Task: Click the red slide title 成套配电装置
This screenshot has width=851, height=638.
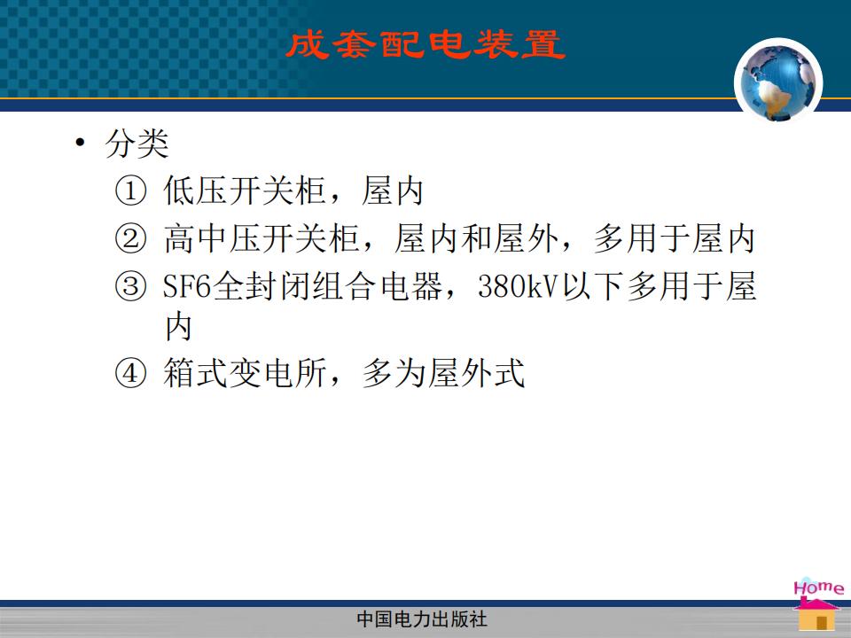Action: [x=425, y=44]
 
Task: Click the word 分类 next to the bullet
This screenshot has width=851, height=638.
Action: [x=137, y=144]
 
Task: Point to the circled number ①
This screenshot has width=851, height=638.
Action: [x=131, y=191]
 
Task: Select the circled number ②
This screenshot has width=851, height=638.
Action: [x=131, y=238]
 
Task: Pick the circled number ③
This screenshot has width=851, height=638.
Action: [x=131, y=285]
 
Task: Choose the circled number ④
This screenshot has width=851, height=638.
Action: [x=131, y=373]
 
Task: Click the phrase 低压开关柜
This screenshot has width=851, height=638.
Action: [x=245, y=191]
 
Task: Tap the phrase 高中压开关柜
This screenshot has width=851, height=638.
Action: [x=262, y=238]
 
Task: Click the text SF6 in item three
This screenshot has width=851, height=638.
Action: [x=187, y=286]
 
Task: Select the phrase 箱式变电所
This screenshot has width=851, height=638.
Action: [x=245, y=373]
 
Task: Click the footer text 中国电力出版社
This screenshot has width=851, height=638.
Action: [x=422, y=619]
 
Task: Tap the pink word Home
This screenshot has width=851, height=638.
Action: [x=818, y=587]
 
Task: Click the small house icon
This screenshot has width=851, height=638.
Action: [x=817, y=614]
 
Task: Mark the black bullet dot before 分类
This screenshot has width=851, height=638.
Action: [x=81, y=143]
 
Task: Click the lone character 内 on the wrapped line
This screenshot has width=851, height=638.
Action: [x=178, y=327]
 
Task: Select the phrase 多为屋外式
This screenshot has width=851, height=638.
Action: [x=443, y=373]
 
